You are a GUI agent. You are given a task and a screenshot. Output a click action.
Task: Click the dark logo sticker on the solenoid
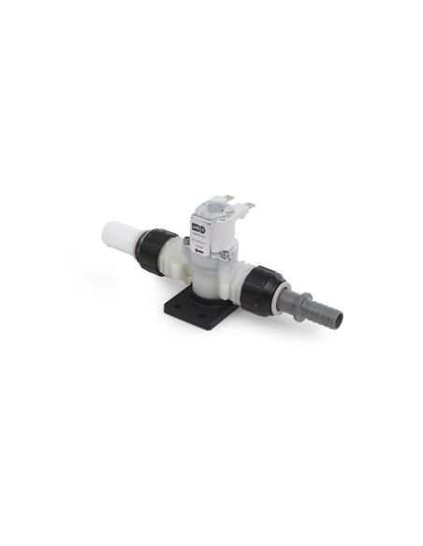198,225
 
